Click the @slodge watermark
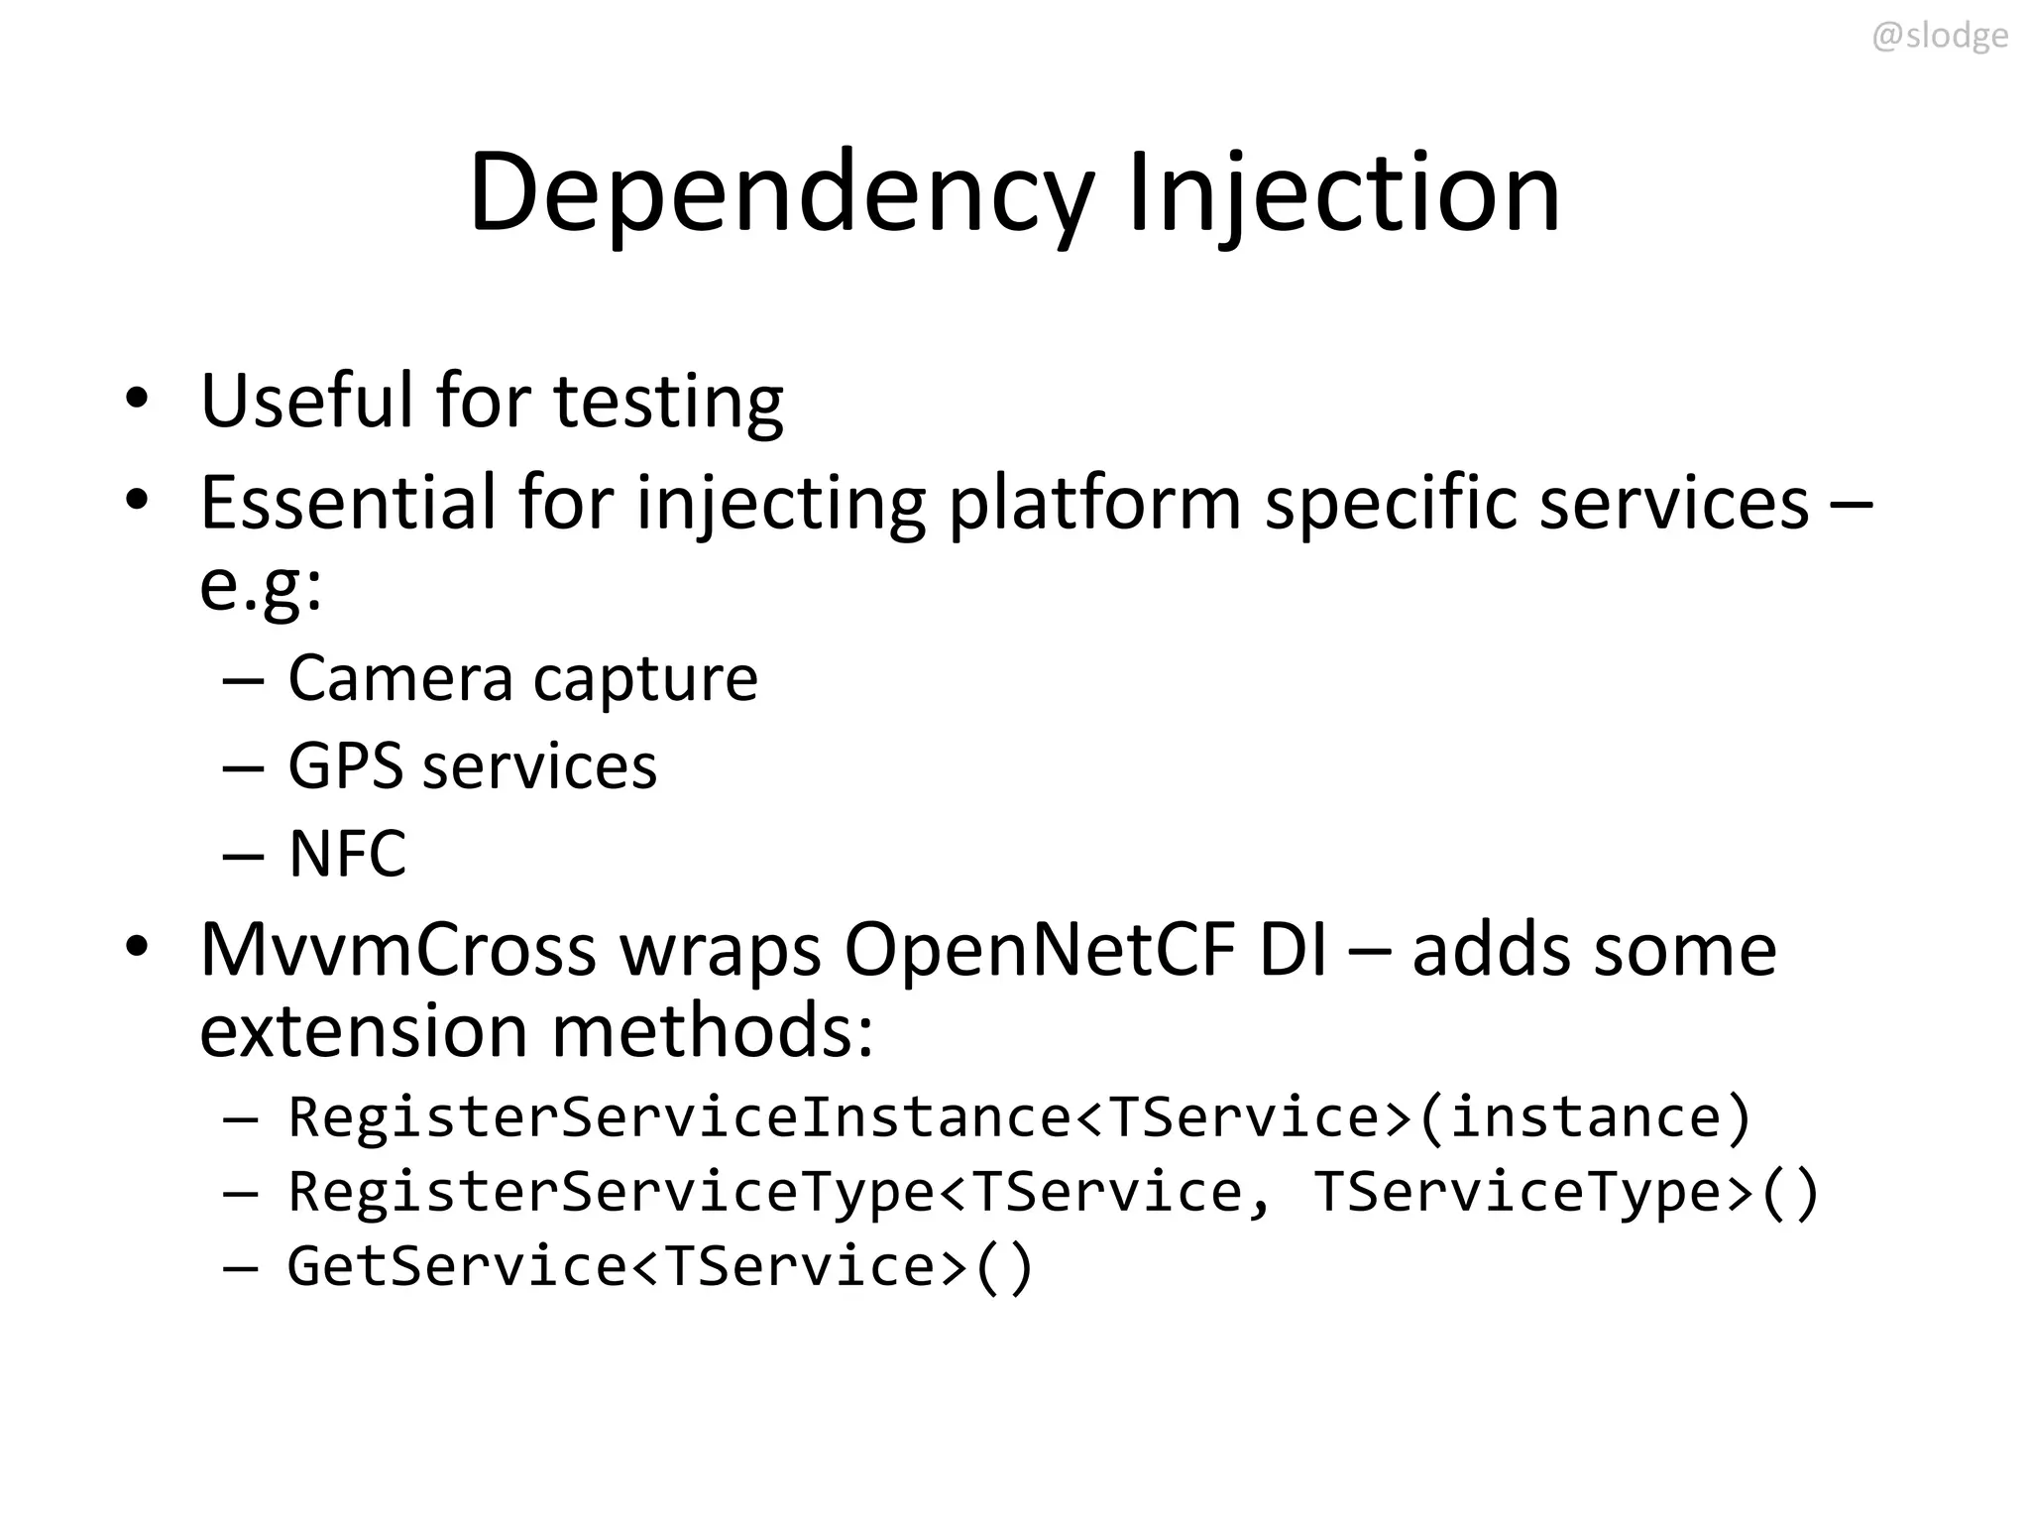point(1939,36)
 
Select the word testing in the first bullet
point(668,402)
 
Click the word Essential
point(348,503)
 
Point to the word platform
point(1094,503)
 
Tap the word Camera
point(400,679)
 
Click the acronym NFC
point(347,854)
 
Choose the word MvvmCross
point(397,950)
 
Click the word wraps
point(721,950)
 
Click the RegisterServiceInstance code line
point(1019,1117)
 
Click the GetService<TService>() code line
point(660,1266)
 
